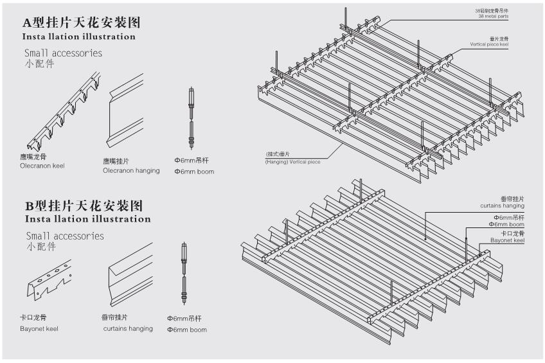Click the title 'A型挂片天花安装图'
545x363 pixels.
(x=82, y=22)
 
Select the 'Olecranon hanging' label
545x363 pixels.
(x=131, y=170)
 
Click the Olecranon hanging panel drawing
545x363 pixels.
(x=126, y=113)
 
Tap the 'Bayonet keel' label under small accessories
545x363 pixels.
(x=39, y=328)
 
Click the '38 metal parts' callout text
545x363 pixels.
(x=492, y=16)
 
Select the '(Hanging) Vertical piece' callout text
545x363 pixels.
(x=293, y=161)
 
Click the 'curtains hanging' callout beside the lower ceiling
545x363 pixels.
(x=501, y=205)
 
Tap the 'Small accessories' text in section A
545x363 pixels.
(x=63, y=53)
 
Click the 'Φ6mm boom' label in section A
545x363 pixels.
(x=194, y=172)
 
